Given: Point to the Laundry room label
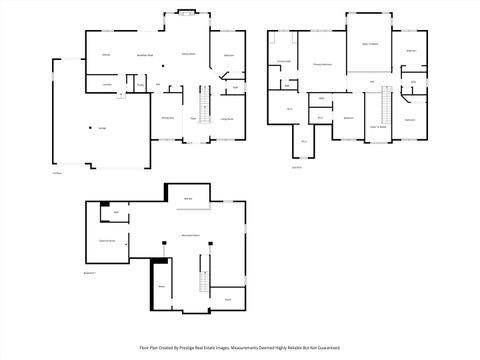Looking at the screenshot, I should click(x=106, y=85).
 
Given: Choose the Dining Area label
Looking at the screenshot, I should click(x=168, y=118).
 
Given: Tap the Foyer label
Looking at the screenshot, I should click(x=193, y=118).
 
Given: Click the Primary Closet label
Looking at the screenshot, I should click(x=283, y=62).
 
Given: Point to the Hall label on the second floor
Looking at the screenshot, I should click(x=372, y=81).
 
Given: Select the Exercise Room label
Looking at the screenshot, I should click(x=107, y=241).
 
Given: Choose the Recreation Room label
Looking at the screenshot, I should click(x=190, y=233).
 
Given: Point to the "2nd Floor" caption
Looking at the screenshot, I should click(x=297, y=167).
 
